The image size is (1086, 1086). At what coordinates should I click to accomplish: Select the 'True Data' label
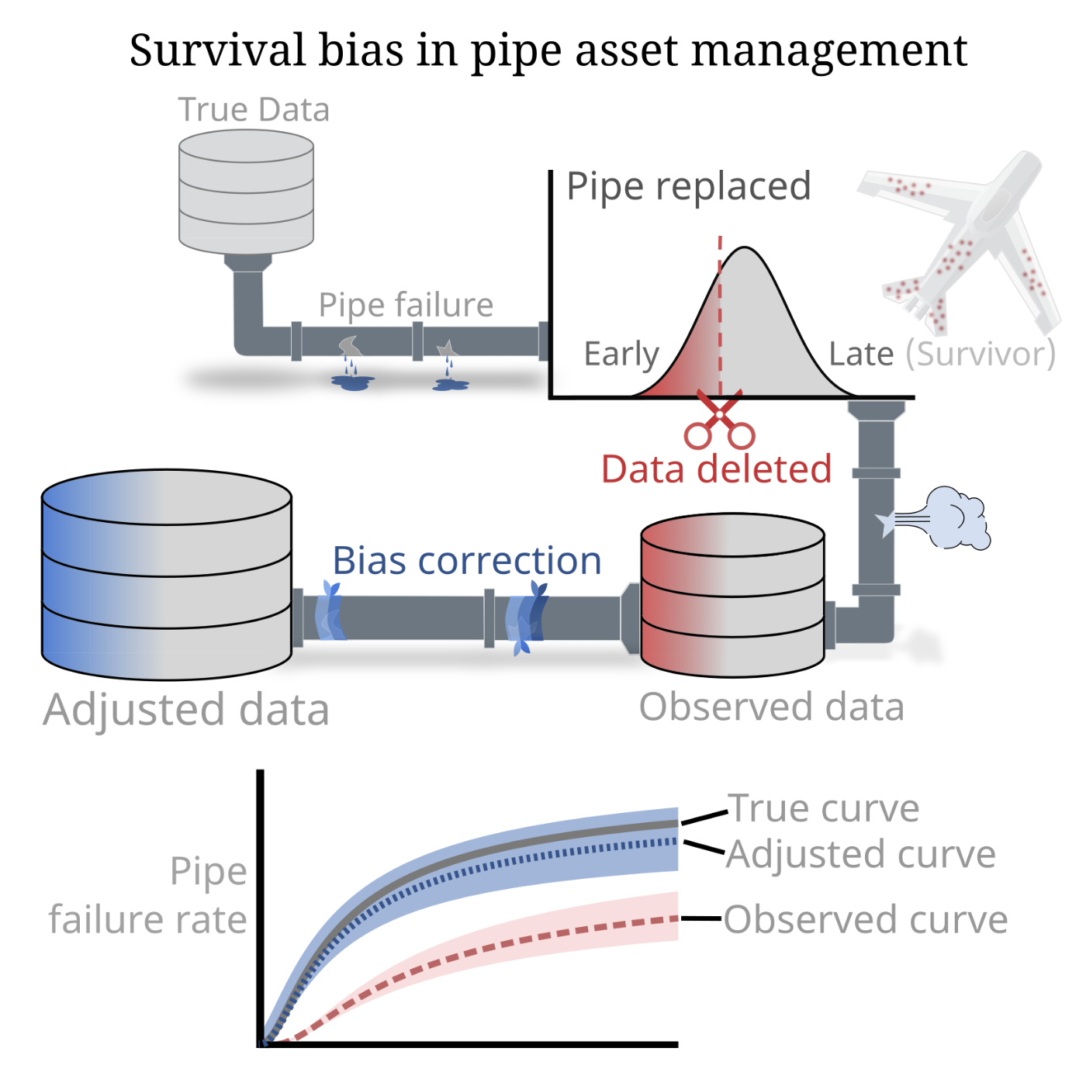(x=254, y=110)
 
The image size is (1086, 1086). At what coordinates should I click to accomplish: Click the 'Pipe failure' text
(x=406, y=305)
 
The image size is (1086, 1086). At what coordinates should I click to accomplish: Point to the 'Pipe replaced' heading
(x=689, y=186)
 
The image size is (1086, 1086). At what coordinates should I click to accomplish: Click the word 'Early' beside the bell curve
(x=621, y=355)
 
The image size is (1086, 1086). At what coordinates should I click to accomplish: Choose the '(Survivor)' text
(x=981, y=355)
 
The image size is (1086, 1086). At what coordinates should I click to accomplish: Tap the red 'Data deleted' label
(x=716, y=469)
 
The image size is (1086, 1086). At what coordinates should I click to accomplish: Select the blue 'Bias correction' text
(x=467, y=561)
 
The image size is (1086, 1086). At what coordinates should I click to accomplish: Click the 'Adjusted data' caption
(x=186, y=710)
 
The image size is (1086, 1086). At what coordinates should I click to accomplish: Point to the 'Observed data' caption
(x=772, y=707)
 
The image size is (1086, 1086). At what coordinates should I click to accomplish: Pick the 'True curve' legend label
(x=824, y=808)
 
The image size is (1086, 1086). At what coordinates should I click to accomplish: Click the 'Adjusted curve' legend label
(x=861, y=854)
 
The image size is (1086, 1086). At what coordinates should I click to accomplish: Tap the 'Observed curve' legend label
(x=866, y=920)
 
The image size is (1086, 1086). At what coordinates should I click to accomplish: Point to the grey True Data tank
(x=246, y=190)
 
